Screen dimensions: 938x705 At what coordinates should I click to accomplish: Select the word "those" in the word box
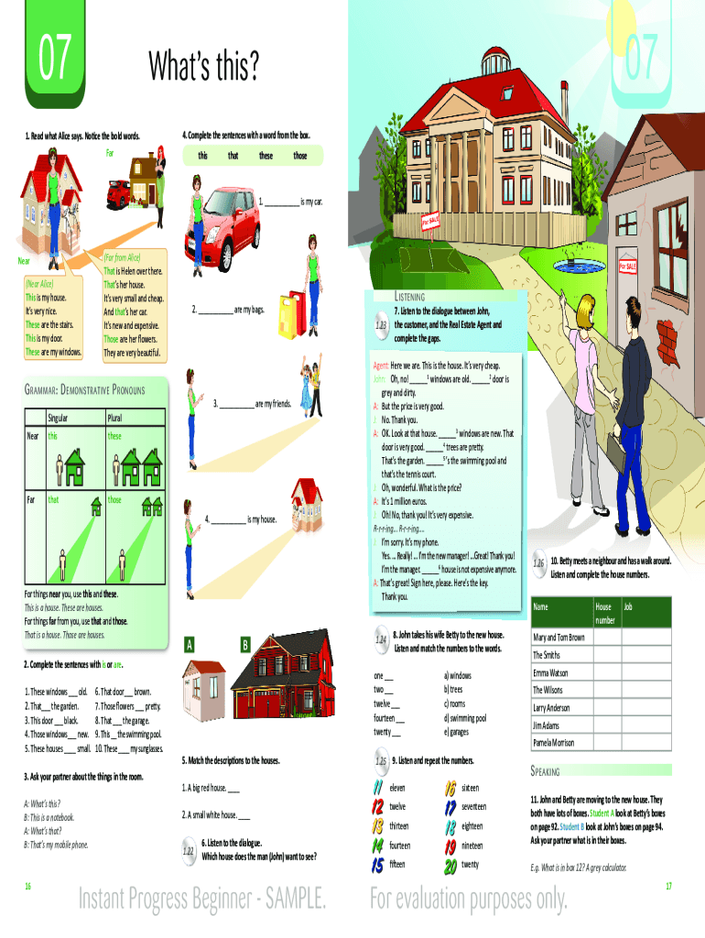point(300,156)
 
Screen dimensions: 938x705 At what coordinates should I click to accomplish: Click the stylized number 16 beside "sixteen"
point(450,788)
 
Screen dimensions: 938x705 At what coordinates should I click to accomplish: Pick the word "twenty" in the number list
point(470,865)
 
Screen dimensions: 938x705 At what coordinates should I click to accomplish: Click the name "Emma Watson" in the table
point(551,672)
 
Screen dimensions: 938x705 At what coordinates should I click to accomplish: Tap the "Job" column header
point(628,607)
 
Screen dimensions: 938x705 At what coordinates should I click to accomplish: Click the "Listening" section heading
point(408,298)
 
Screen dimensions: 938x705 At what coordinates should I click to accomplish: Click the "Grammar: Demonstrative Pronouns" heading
point(83,390)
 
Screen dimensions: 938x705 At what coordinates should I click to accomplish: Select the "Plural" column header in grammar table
point(120,418)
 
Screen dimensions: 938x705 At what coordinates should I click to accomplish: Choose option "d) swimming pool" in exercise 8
point(465,718)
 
